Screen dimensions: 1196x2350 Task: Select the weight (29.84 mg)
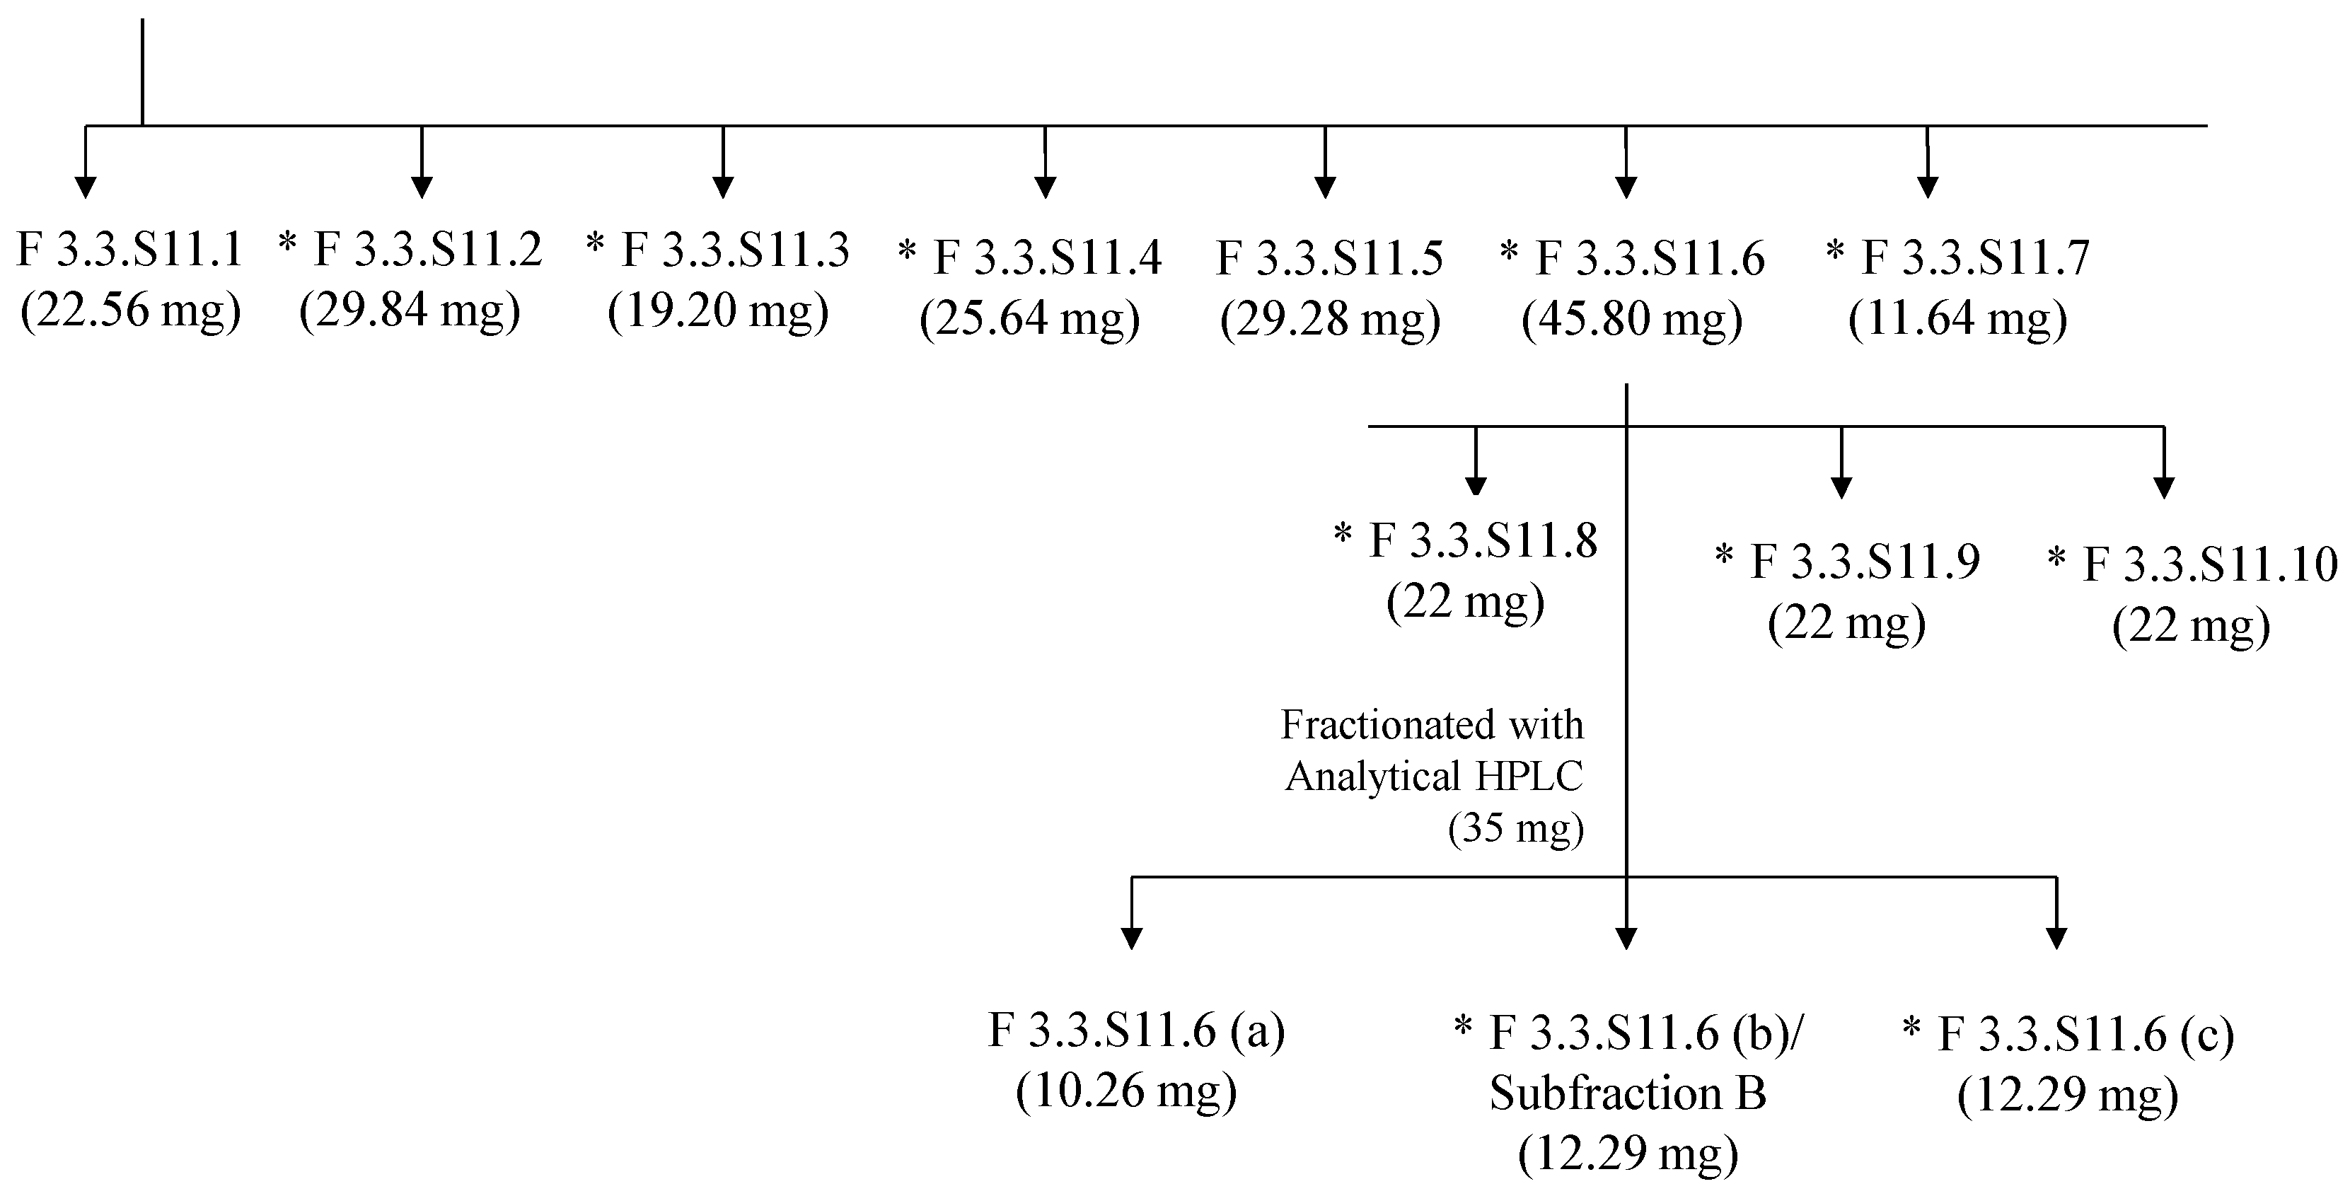(410, 311)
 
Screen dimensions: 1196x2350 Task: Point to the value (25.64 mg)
(1030, 319)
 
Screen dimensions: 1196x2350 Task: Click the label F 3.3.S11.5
(1330, 258)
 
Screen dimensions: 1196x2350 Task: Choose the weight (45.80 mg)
(1632, 319)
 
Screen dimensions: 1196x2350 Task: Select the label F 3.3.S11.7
(1975, 258)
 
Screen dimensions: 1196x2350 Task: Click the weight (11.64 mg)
(1957, 319)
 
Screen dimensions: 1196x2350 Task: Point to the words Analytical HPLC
(1434, 777)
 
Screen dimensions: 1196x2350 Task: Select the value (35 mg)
(1515, 828)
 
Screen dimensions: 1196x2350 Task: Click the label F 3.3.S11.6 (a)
(1136, 1031)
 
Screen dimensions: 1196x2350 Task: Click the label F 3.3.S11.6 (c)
(2085, 1035)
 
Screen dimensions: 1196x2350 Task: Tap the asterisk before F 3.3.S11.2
(289, 243)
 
